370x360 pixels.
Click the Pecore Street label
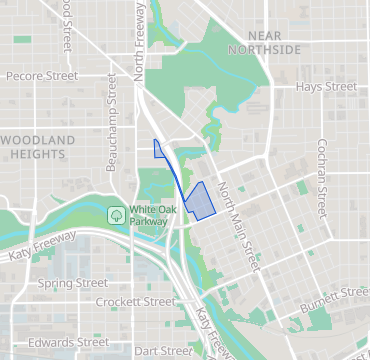42,75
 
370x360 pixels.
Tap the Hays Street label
326,87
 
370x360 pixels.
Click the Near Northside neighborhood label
263,40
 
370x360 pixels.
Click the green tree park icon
117,214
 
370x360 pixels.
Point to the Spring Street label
72,283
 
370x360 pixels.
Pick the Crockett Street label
135,301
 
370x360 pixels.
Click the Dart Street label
163,351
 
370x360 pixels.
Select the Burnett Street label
336,294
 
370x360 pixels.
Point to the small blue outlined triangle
159,150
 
